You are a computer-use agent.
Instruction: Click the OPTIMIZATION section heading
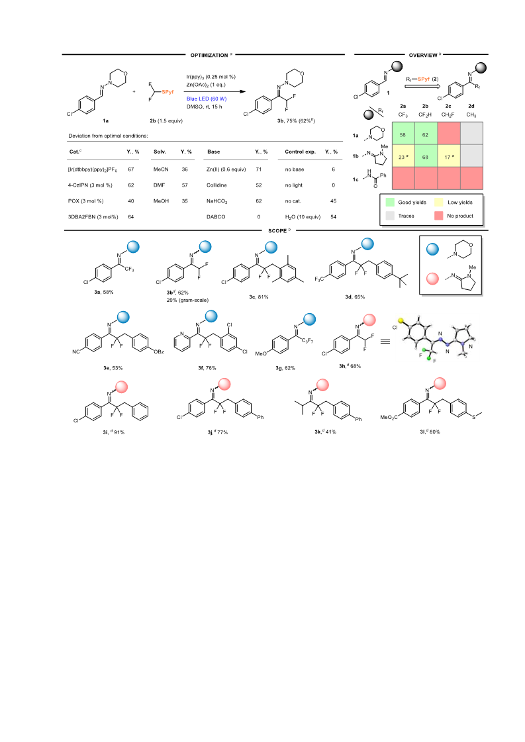(209, 56)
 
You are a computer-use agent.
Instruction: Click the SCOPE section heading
(277, 231)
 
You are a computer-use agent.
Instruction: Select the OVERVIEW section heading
(423, 56)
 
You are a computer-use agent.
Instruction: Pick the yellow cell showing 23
(403, 156)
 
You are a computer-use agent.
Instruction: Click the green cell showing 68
(425, 156)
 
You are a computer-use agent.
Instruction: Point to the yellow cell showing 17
(448, 156)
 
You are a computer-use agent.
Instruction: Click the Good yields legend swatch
(390, 202)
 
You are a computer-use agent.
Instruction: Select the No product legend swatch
(438, 216)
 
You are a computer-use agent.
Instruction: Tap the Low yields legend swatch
(438, 202)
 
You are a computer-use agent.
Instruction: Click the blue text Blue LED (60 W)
(207, 99)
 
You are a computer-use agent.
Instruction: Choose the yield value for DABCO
(258, 216)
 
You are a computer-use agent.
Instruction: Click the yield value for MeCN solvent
(185, 169)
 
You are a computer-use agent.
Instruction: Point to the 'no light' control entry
(293, 185)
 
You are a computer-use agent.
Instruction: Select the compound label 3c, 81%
(259, 297)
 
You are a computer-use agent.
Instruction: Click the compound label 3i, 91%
(114, 432)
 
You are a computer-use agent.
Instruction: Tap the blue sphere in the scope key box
(433, 250)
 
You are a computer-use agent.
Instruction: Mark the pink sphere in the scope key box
(433, 278)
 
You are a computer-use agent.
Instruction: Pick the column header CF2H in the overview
(425, 115)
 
